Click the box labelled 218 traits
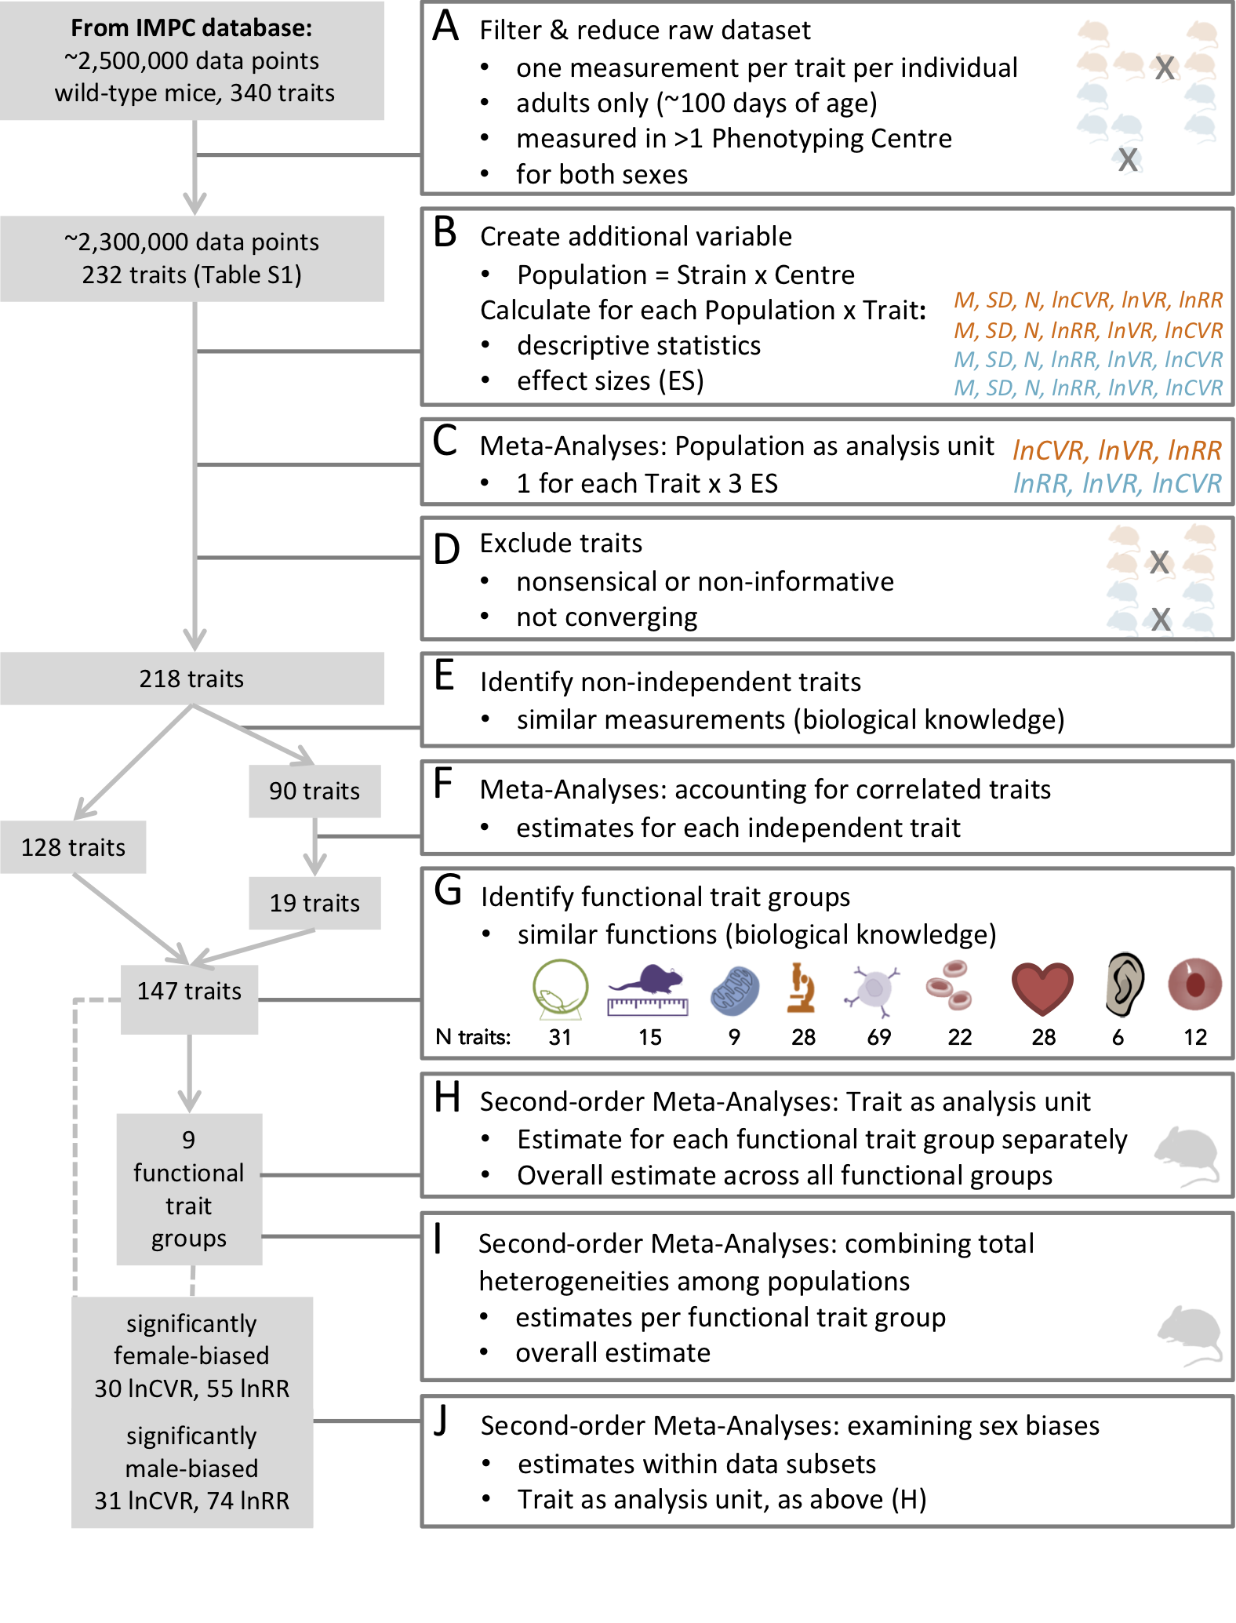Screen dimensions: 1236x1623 tap(192, 679)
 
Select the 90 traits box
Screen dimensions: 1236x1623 tap(314, 791)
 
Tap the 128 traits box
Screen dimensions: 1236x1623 tap(73, 847)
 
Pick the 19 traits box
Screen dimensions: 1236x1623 tap(314, 903)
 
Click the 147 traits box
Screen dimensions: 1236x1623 tap(189, 992)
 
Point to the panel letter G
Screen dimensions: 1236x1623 tap(448, 891)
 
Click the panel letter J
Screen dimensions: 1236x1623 tap(442, 1420)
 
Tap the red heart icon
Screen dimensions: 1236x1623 tap(1042, 988)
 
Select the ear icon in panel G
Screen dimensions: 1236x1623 tap(1124, 985)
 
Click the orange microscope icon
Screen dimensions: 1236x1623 tap(802, 988)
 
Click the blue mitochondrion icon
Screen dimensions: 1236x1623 tap(735, 990)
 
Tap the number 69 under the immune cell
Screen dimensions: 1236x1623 tap(878, 1037)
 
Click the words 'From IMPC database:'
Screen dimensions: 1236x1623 tap(191, 28)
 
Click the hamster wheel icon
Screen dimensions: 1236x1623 tap(560, 988)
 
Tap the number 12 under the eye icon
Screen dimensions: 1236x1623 tap(1194, 1037)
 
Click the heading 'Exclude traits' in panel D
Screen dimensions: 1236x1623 tap(561, 543)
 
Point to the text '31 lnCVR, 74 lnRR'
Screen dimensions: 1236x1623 tap(192, 1501)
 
